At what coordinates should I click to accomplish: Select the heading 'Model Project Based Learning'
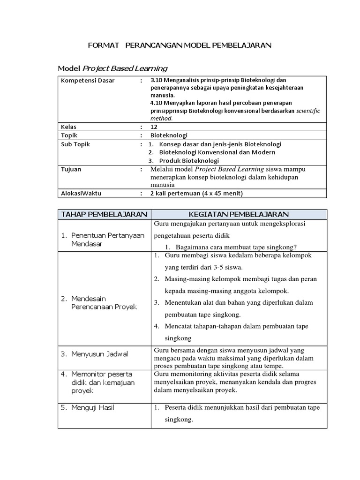pyautogui.click(x=112, y=68)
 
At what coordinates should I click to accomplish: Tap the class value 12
pyautogui.click(x=154, y=127)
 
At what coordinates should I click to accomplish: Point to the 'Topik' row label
pyautogui.click(x=69, y=135)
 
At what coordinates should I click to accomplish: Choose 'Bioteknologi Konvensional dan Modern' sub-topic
pyautogui.click(x=217, y=152)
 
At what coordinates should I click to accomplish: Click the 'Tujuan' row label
pyautogui.click(x=71, y=169)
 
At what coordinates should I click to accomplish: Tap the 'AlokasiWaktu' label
pyautogui.click(x=81, y=193)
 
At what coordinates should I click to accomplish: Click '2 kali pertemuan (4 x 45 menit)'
pyautogui.click(x=196, y=193)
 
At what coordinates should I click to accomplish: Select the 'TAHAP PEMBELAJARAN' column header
pyautogui.click(x=104, y=215)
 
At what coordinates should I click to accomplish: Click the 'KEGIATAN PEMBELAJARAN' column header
pyautogui.click(x=239, y=215)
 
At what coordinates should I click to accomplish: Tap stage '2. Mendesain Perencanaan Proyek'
pyautogui.click(x=103, y=302)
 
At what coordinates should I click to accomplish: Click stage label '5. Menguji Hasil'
pyautogui.click(x=93, y=408)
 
